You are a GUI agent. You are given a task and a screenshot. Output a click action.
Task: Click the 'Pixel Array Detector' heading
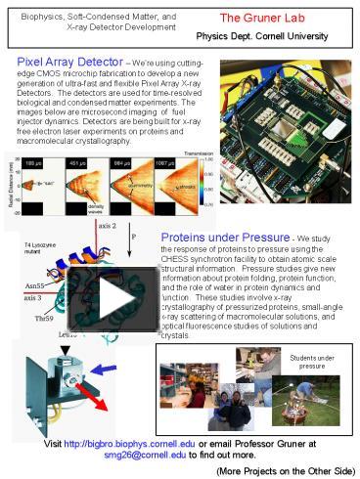[66, 60]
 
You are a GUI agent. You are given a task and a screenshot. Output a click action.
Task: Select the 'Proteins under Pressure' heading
[224, 237]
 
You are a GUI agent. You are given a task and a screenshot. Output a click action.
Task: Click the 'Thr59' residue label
[44, 318]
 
